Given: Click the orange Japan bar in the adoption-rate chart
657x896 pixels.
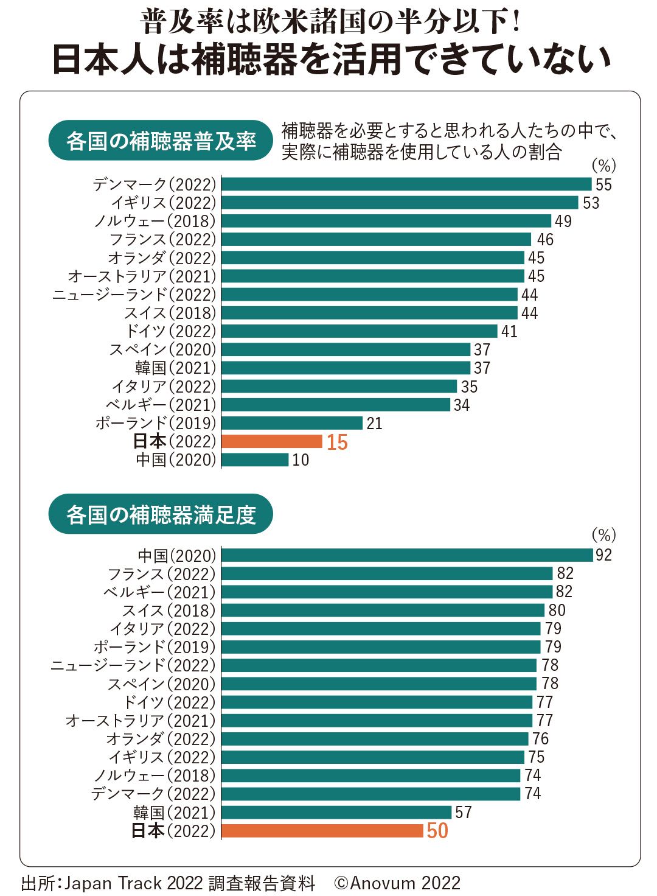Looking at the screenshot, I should (x=272, y=441).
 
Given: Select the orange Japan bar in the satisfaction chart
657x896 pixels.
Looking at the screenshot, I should (x=322, y=830).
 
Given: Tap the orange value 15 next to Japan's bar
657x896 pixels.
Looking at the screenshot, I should (x=337, y=443).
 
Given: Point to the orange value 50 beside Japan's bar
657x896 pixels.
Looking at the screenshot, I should (x=437, y=831).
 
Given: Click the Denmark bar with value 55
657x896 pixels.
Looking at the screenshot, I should (x=406, y=184).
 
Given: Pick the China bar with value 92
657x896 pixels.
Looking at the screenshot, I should (x=407, y=555).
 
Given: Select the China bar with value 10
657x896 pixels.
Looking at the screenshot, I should (x=255, y=460).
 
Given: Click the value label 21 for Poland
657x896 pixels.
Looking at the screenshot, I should (x=374, y=424).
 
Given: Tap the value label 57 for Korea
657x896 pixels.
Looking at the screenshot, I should (x=464, y=813).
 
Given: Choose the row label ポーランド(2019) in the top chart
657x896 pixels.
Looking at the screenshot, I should (x=156, y=423).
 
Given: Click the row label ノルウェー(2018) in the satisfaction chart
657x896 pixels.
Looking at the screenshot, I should (x=155, y=775).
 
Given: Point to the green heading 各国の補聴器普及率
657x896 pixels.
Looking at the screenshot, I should (x=161, y=141).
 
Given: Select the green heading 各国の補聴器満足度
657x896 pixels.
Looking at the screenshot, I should (x=161, y=515).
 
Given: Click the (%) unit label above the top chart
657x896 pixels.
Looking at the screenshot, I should (x=603, y=166).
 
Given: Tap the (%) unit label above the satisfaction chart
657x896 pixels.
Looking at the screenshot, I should (x=603, y=535).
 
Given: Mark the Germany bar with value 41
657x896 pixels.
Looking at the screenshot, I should (x=360, y=331).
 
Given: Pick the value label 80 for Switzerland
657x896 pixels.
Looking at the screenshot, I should (x=557, y=611).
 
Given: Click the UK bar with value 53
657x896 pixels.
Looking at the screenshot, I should (x=400, y=203).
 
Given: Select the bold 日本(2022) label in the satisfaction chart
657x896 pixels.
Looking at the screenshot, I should (x=173, y=831).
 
